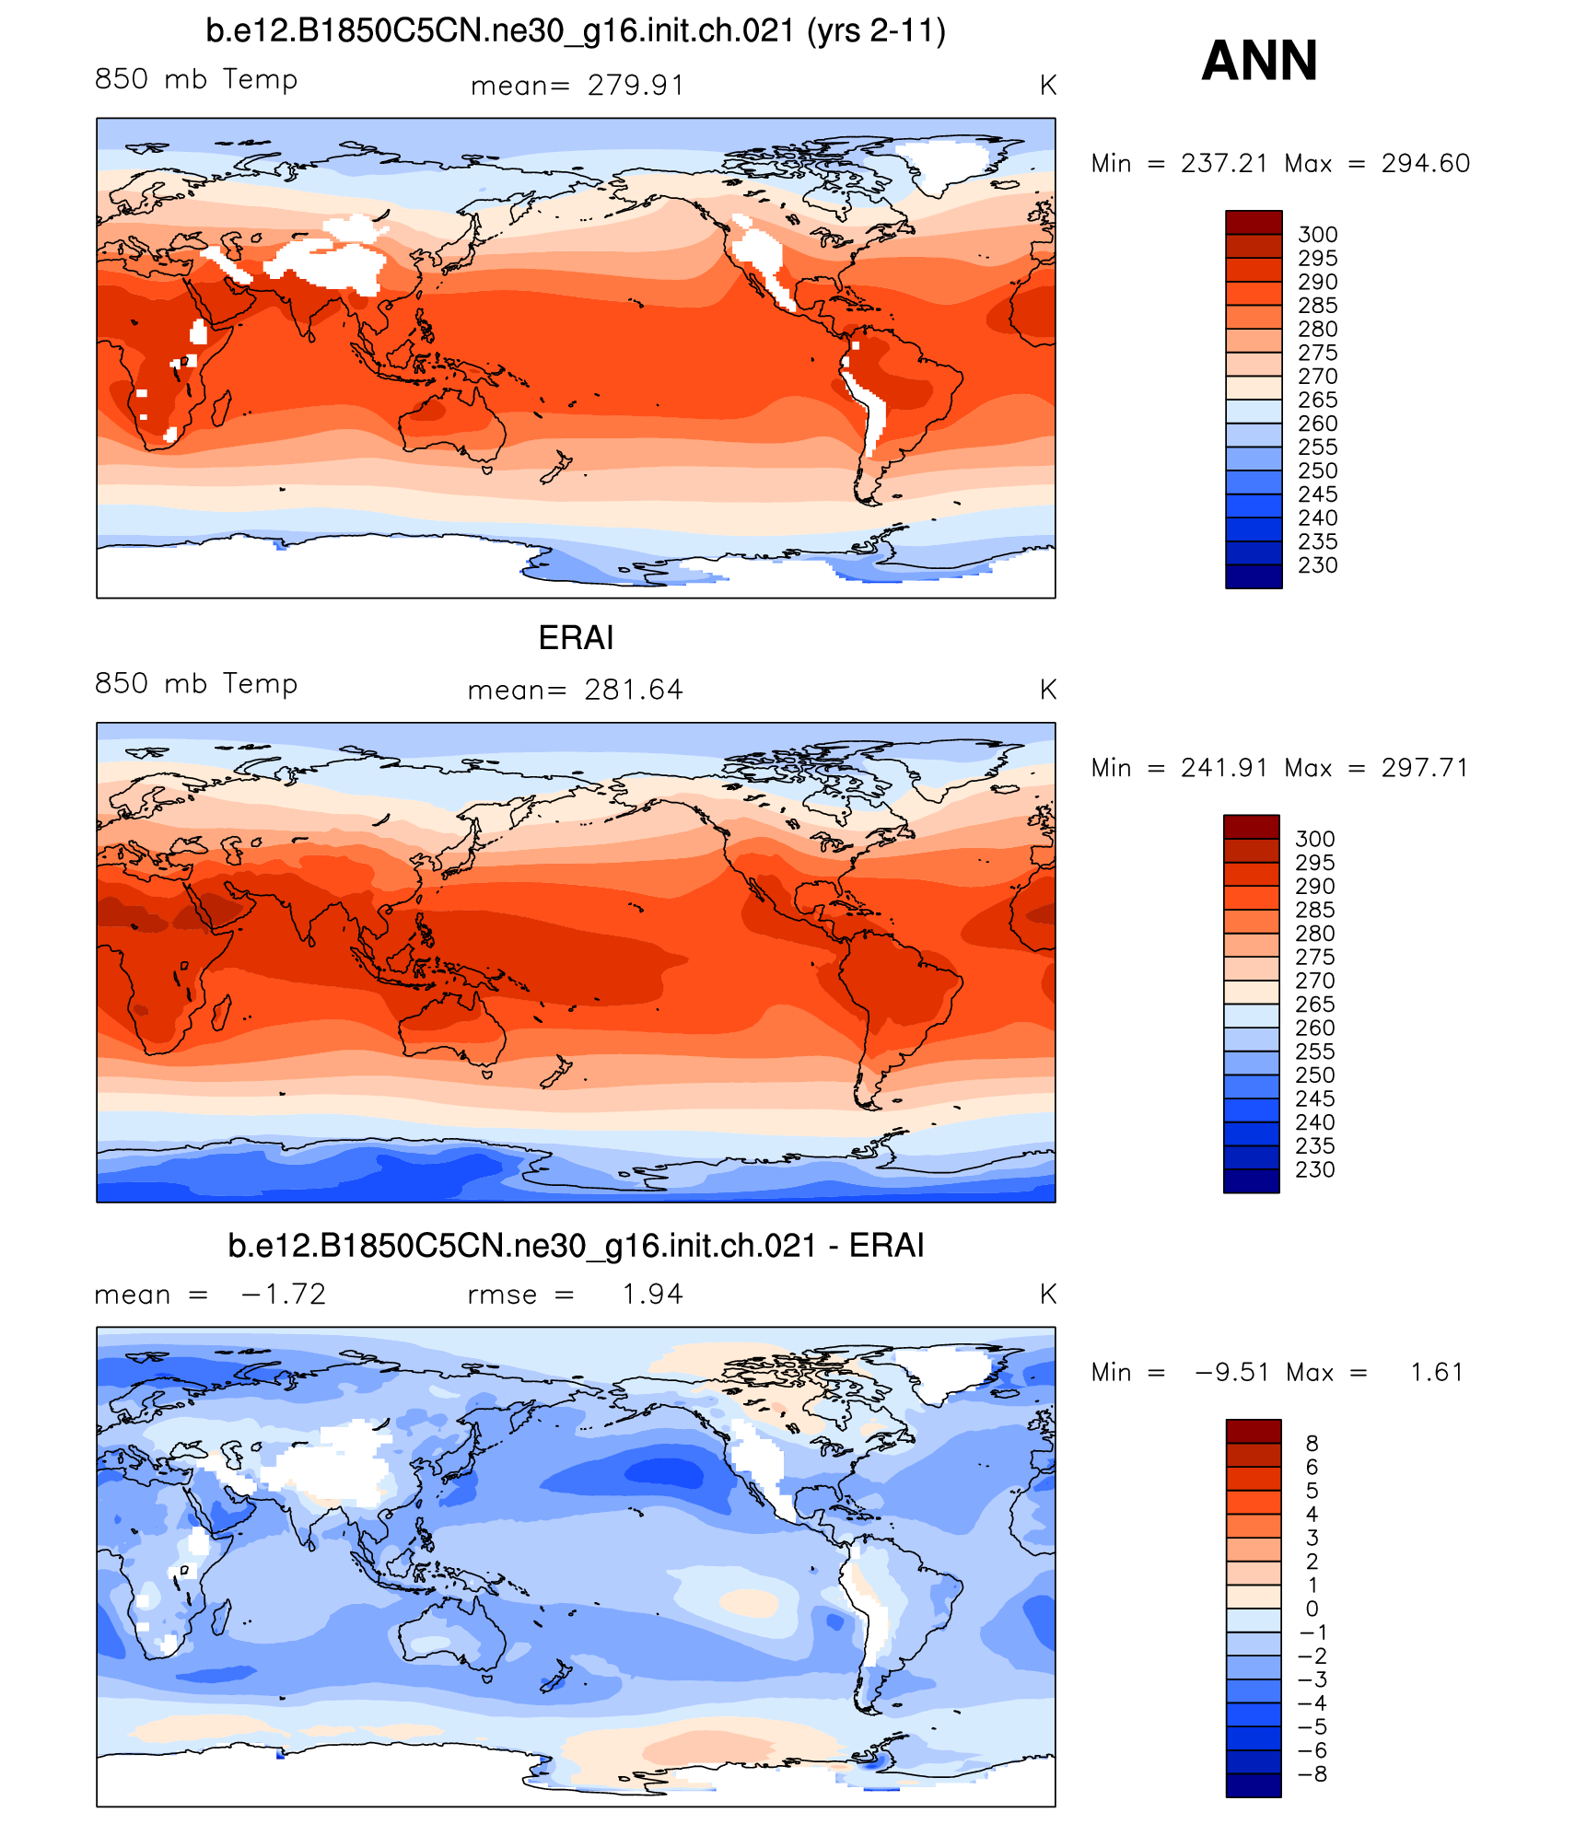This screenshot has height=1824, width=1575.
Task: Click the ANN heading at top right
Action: coord(1259,61)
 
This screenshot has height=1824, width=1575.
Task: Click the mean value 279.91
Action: coord(636,86)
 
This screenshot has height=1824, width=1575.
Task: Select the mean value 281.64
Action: coord(634,690)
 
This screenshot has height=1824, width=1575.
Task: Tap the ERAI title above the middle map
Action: coord(576,637)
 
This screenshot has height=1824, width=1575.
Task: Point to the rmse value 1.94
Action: coord(652,1295)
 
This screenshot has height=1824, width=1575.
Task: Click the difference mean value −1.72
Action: coord(283,1295)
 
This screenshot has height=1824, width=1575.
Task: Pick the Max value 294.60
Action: coord(1425,164)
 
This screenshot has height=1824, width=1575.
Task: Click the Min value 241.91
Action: coord(1224,768)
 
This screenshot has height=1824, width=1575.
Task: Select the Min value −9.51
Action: coord(1232,1373)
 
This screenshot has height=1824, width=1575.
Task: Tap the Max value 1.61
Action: coord(1436,1373)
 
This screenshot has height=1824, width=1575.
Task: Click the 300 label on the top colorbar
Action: coord(1317,235)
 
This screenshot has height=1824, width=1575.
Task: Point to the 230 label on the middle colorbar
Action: coord(1314,1170)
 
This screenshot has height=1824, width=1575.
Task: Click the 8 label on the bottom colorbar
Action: coord(1312,1444)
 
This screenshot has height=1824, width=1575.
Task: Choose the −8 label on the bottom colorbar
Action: coord(1312,1774)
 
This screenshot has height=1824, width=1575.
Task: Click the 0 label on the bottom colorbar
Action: coord(1312,1609)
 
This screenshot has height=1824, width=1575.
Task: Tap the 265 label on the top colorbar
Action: coord(1317,401)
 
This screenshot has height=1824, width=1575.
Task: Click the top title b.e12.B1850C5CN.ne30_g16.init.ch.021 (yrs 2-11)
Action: coord(576,31)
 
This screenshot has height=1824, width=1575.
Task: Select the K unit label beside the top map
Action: coord(1047,86)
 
